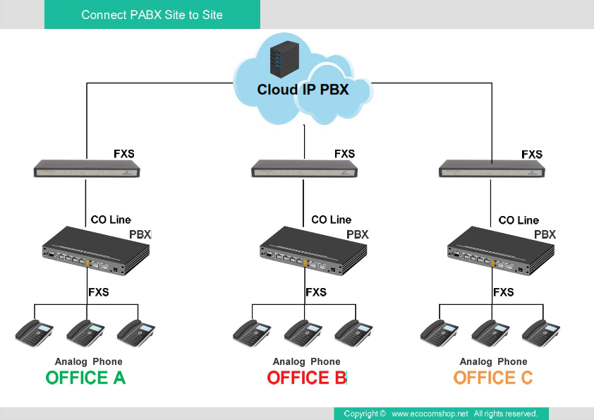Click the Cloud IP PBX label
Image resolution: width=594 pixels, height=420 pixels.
303,90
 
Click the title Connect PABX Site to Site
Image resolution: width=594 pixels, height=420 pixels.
152,15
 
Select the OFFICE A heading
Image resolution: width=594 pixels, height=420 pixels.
85,378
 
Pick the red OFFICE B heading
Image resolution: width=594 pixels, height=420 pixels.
307,378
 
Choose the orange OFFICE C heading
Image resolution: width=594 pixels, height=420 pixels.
493,378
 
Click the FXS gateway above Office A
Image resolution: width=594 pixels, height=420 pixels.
87,169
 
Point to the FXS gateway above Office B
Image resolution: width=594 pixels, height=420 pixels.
304,169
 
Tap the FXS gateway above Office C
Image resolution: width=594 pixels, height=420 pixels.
492,169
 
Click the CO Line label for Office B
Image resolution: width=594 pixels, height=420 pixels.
331,220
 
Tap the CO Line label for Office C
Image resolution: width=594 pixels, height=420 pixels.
519,220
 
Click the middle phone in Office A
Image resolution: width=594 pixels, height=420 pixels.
85,331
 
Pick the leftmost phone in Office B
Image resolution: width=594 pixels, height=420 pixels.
252,331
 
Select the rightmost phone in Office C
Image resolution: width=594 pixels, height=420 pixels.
541,331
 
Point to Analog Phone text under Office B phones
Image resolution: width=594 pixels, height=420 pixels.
306,361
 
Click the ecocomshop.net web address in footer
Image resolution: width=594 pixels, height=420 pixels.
430,414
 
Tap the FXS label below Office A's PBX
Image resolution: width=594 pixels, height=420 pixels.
99,292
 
